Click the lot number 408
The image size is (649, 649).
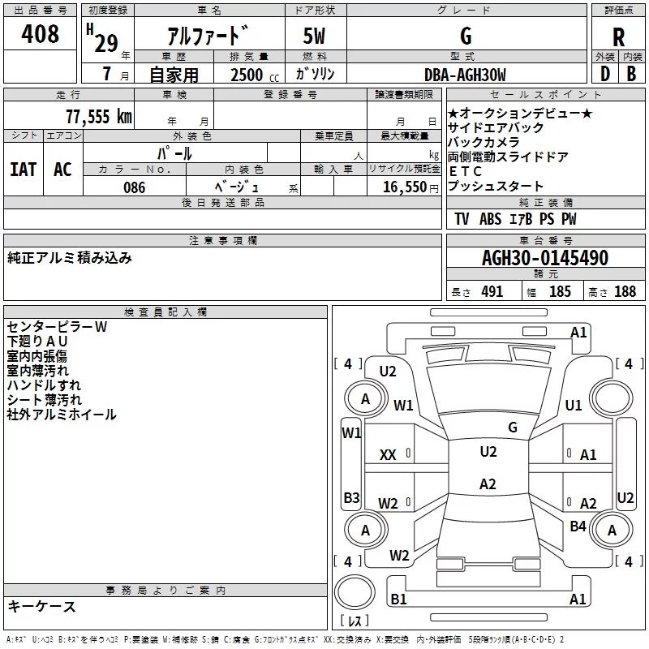click(x=40, y=33)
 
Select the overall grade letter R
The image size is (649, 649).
click(x=618, y=37)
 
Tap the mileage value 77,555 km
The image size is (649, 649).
click(x=99, y=117)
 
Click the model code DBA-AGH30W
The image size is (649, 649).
click(x=465, y=75)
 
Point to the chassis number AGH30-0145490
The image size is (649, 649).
click(x=545, y=257)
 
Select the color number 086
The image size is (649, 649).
click(x=135, y=187)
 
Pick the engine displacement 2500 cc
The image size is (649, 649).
click(x=255, y=75)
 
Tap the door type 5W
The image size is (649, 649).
click(x=314, y=36)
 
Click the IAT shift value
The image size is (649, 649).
click(x=24, y=170)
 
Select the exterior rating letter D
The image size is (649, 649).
click(x=605, y=74)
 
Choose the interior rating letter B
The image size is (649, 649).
click(x=631, y=74)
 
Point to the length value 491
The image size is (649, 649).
click(x=492, y=291)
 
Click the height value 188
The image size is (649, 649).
click(x=625, y=291)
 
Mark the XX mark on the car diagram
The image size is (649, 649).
click(x=388, y=455)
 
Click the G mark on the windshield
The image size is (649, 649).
click(x=513, y=428)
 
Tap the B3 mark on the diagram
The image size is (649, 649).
click(x=351, y=497)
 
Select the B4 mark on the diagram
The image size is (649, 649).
click(x=578, y=526)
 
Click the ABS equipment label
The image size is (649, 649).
click(x=490, y=219)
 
